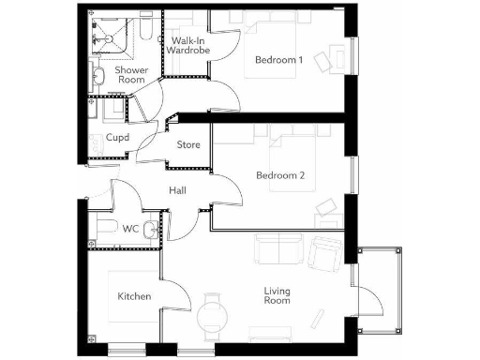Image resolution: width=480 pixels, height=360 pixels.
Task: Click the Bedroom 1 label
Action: [280, 60]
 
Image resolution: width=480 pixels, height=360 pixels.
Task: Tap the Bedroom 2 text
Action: [280, 175]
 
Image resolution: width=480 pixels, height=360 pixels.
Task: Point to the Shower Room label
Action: [130, 75]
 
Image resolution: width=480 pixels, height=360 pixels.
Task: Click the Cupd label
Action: [117, 138]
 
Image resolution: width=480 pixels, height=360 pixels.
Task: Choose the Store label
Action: [188, 144]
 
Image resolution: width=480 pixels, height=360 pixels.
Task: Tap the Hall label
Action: [177, 191]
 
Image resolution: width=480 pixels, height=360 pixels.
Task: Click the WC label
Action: [132, 229]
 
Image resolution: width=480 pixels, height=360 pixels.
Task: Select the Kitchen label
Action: [134, 297]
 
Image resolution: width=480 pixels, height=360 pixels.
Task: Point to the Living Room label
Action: [277, 295]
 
